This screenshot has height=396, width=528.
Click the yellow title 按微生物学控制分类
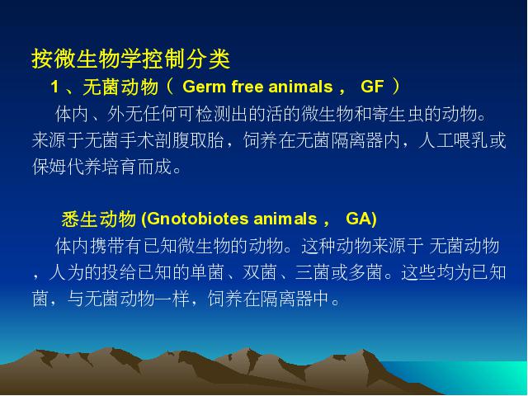click(131, 59)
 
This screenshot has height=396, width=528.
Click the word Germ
click(204, 87)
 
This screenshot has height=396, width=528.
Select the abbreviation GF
click(372, 87)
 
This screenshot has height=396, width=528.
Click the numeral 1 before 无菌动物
click(54, 87)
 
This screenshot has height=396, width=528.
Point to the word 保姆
click(49, 167)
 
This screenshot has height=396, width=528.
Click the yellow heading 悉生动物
click(99, 219)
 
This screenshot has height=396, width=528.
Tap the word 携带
click(107, 246)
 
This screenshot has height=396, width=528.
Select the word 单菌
click(207, 272)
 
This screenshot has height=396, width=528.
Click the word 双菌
click(260, 272)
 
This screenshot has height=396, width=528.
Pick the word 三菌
click(313, 272)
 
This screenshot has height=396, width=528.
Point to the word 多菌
click(365, 272)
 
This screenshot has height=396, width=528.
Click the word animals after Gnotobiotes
click(285, 219)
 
